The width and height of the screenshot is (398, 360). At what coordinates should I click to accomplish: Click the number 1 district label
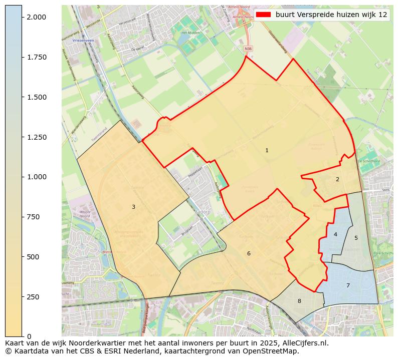pos(267,150)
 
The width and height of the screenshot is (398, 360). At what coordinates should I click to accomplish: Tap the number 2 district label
pos(337,179)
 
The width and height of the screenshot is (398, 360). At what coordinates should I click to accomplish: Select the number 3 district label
pos(133,207)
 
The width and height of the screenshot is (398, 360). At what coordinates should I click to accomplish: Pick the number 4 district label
pos(335,234)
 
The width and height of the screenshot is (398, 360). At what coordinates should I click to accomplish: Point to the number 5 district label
pos(356,238)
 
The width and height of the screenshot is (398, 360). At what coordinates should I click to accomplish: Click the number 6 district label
pos(249,254)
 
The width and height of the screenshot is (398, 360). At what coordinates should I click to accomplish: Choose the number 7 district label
pos(348,285)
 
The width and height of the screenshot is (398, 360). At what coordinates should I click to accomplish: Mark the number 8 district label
pos(299,301)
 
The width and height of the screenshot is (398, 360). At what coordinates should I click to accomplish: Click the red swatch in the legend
pos(263,15)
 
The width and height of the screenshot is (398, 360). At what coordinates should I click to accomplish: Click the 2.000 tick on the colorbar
pos(36,17)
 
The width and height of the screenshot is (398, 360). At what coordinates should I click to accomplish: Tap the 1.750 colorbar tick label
pos(36,57)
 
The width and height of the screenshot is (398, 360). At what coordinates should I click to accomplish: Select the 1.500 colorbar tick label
pos(36,97)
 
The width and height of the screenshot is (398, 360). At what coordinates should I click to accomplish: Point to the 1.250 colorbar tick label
pos(36,137)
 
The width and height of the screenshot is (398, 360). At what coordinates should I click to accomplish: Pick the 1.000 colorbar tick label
pos(36,177)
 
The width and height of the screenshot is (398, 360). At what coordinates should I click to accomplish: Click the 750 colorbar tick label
pos(32,217)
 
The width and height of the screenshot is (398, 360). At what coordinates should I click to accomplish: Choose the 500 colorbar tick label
pos(32,257)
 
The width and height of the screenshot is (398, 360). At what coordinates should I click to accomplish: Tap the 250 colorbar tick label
pos(32,297)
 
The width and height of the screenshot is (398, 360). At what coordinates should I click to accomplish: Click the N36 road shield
pos(248,49)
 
